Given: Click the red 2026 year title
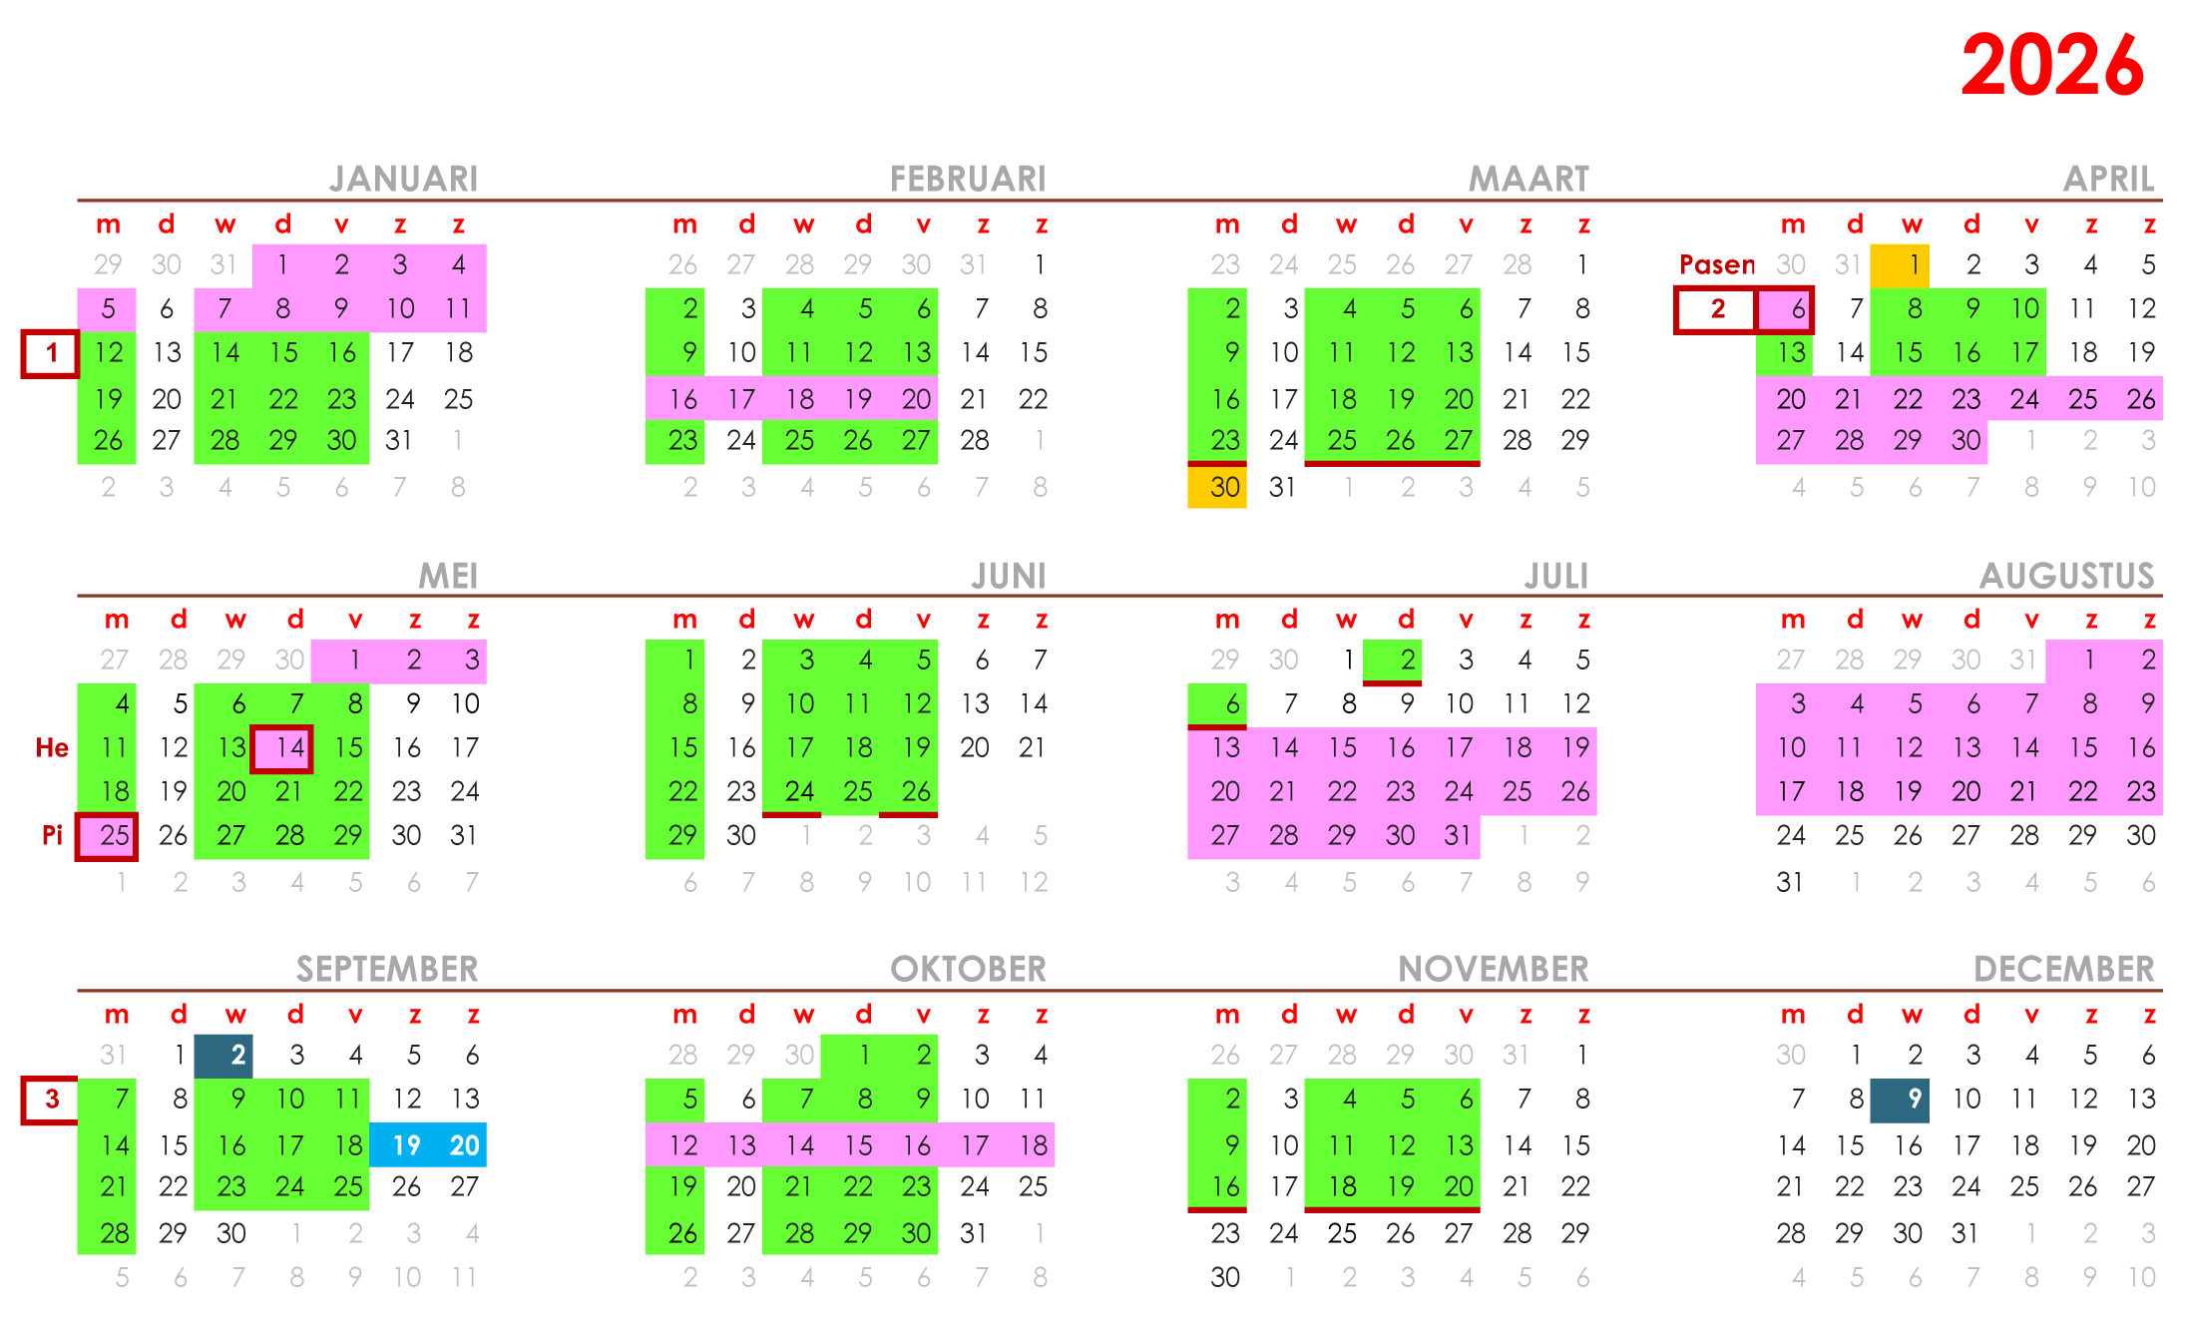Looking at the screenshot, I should tap(2051, 66).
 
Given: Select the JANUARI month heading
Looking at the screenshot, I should tap(404, 179).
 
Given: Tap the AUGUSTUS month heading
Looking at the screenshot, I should tap(2066, 576).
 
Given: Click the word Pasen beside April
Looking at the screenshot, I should tap(1716, 264).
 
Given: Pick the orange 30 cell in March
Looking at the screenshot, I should tap(1217, 487).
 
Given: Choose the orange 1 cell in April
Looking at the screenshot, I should tap(1900, 265).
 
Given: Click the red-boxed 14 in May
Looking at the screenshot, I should tap(282, 748).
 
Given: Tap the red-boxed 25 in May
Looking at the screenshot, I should tap(108, 836).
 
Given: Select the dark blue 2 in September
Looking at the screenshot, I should tap(223, 1056).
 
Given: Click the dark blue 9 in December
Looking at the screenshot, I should tap(1900, 1100).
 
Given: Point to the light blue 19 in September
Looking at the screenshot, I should tap(399, 1144).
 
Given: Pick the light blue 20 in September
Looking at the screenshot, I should tap(458, 1144).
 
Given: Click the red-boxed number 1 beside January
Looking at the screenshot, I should tap(50, 353).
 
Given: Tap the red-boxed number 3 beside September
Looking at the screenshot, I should tap(50, 1100).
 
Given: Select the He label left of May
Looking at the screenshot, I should tap(52, 748).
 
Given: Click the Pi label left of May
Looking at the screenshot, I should tap(52, 835).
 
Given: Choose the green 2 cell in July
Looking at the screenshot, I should tap(1393, 661).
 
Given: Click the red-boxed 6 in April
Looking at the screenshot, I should tap(1785, 309).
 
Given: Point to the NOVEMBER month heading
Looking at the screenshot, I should tap(1493, 969).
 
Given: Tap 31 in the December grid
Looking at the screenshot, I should tap(1966, 1233).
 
